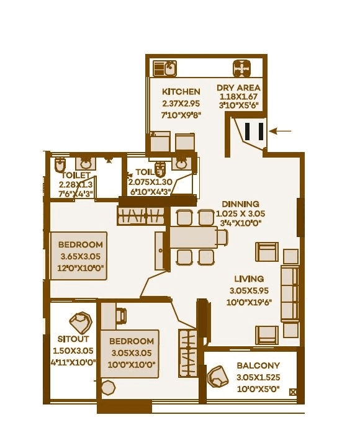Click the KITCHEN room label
pos(181,92)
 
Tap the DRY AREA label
pos(238,87)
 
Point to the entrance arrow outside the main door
pos(282,131)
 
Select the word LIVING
pos(249,279)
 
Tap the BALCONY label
pos(258,366)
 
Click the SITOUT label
pos(73,339)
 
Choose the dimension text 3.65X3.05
pos(81,257)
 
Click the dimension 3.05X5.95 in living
pos(249,290)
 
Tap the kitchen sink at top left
pos(166,68)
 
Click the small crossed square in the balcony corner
pos(293,392)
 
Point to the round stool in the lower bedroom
pos(108,388)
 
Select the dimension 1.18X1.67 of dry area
pos(238,97)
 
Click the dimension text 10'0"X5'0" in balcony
pos(258,389)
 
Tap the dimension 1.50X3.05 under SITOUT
pos(73,351)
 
